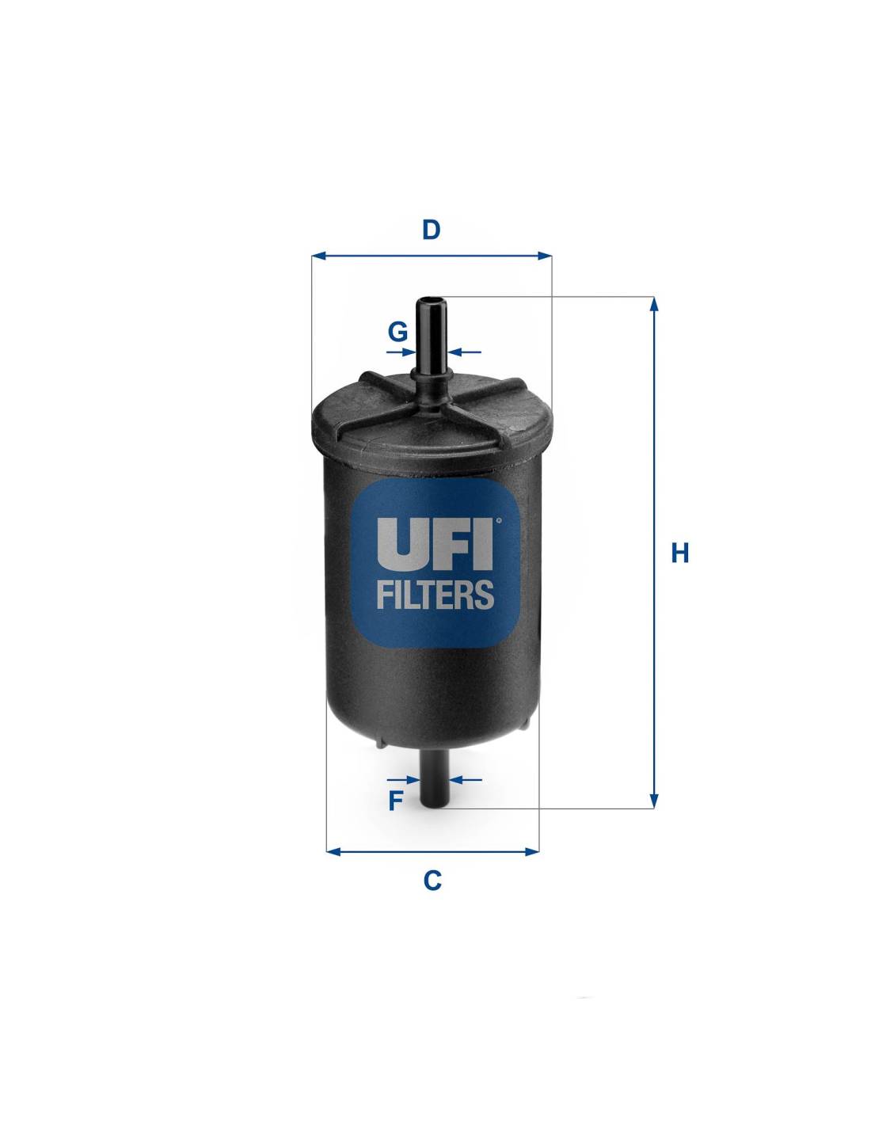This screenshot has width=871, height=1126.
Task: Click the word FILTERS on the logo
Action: point(434,594)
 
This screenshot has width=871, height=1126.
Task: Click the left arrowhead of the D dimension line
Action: point(319,256)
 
